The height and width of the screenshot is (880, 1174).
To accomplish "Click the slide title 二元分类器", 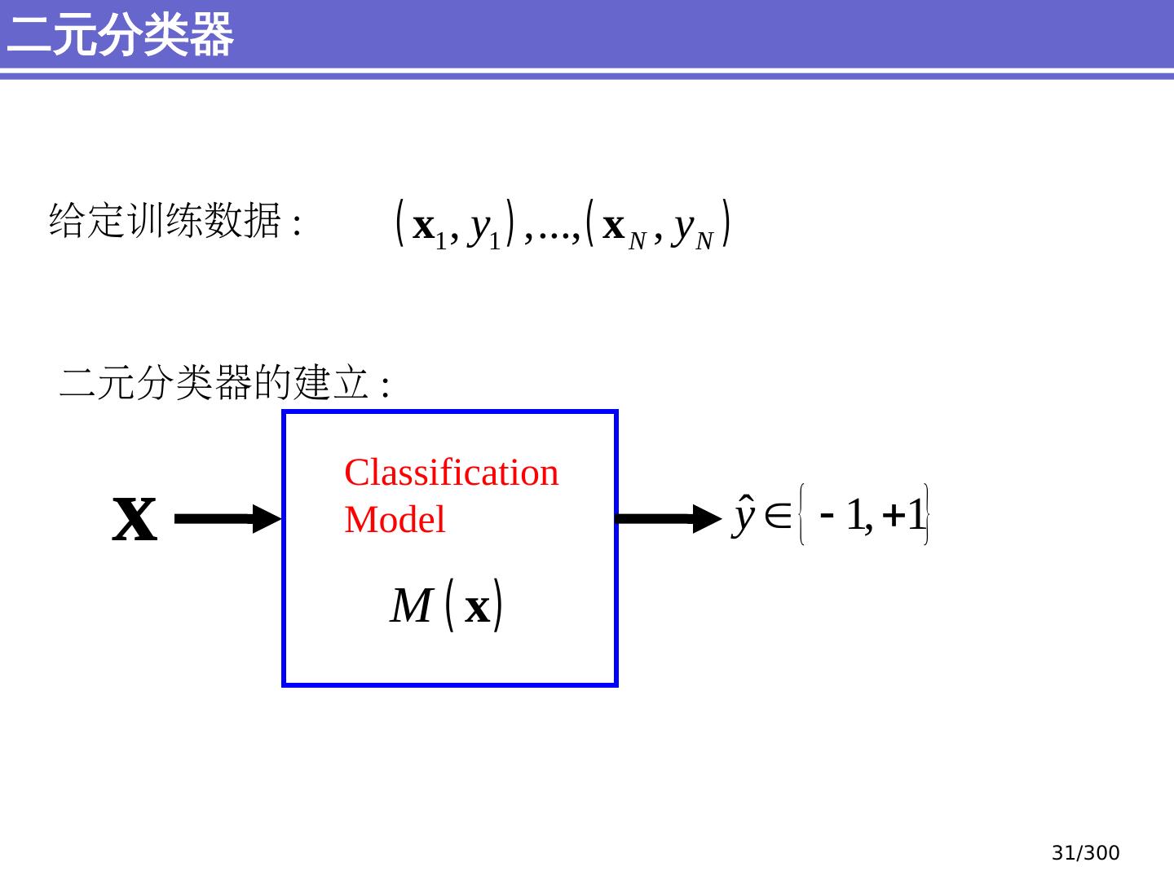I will [x=120, y=35].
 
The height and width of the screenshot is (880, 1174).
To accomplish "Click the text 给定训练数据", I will [x=165, y=221].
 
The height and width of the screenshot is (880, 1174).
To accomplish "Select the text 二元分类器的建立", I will [x=214, y=383].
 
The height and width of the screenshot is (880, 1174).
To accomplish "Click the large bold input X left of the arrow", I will [x=135, y=519].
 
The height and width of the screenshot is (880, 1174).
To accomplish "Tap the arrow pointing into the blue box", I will [x=228, y=519].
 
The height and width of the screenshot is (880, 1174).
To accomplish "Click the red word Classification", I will [x=452, y=473].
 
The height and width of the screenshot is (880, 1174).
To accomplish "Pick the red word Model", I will [x=395, y=520].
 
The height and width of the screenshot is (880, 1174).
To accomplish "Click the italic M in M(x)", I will [x=411, y=606].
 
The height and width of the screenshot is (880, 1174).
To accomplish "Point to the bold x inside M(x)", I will [x=477, y=608].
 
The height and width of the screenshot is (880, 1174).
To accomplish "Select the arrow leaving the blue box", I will [x=669, y=519].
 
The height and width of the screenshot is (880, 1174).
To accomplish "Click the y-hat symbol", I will [x=744, y=515].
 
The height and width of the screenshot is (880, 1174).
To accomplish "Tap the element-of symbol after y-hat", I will [x=778, y=516].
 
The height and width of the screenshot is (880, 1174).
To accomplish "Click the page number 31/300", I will [x=1085, y=853].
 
